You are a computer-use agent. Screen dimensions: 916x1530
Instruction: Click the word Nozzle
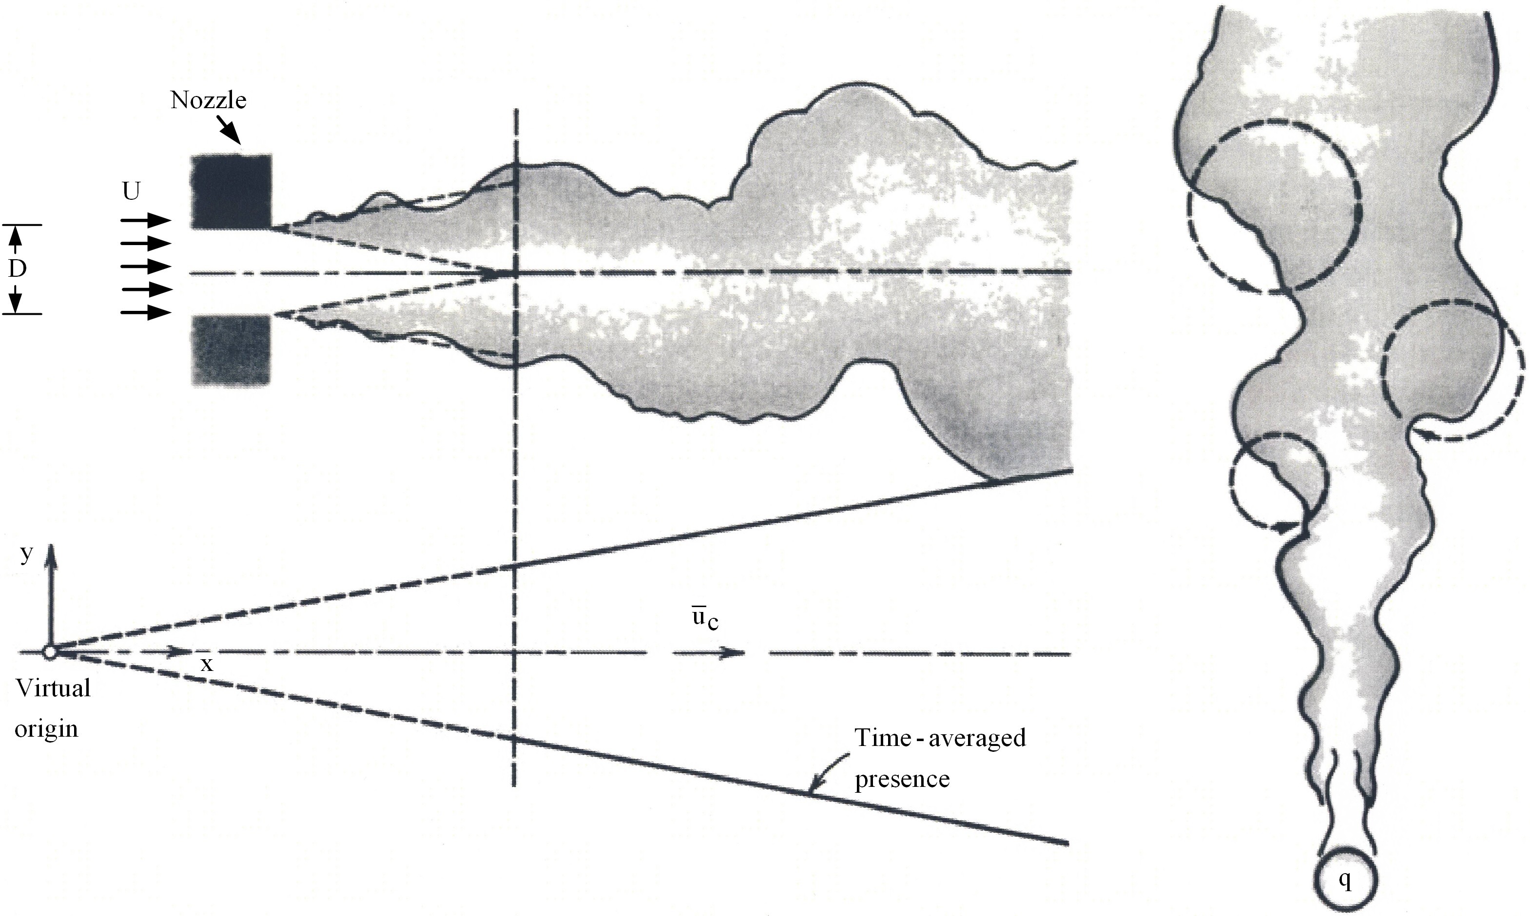[x=208, y=100]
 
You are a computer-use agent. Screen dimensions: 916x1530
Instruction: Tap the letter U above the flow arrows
[x=131, y=192]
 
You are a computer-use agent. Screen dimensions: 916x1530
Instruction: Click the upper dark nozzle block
[x=232, y=191]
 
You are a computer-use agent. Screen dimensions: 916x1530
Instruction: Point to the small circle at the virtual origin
[x=49, y=652]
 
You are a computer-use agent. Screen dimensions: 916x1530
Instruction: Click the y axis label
[x=26, y=553]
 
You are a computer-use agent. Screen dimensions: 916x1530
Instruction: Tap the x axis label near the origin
[x=208, y=664]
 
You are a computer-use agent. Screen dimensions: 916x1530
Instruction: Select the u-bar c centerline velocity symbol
[x=704, y=620]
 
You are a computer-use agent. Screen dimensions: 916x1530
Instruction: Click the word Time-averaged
[x=940, y=738]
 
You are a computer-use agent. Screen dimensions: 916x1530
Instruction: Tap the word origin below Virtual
[x=46, y=728]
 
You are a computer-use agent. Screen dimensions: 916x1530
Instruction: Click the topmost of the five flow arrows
[x=146, y=220]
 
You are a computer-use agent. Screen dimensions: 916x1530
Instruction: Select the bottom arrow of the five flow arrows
[x=146, y=313]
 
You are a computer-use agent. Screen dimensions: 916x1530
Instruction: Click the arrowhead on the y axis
[x=51, y=553]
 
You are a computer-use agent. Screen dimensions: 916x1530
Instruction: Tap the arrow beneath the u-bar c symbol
[x=710, y=652]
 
